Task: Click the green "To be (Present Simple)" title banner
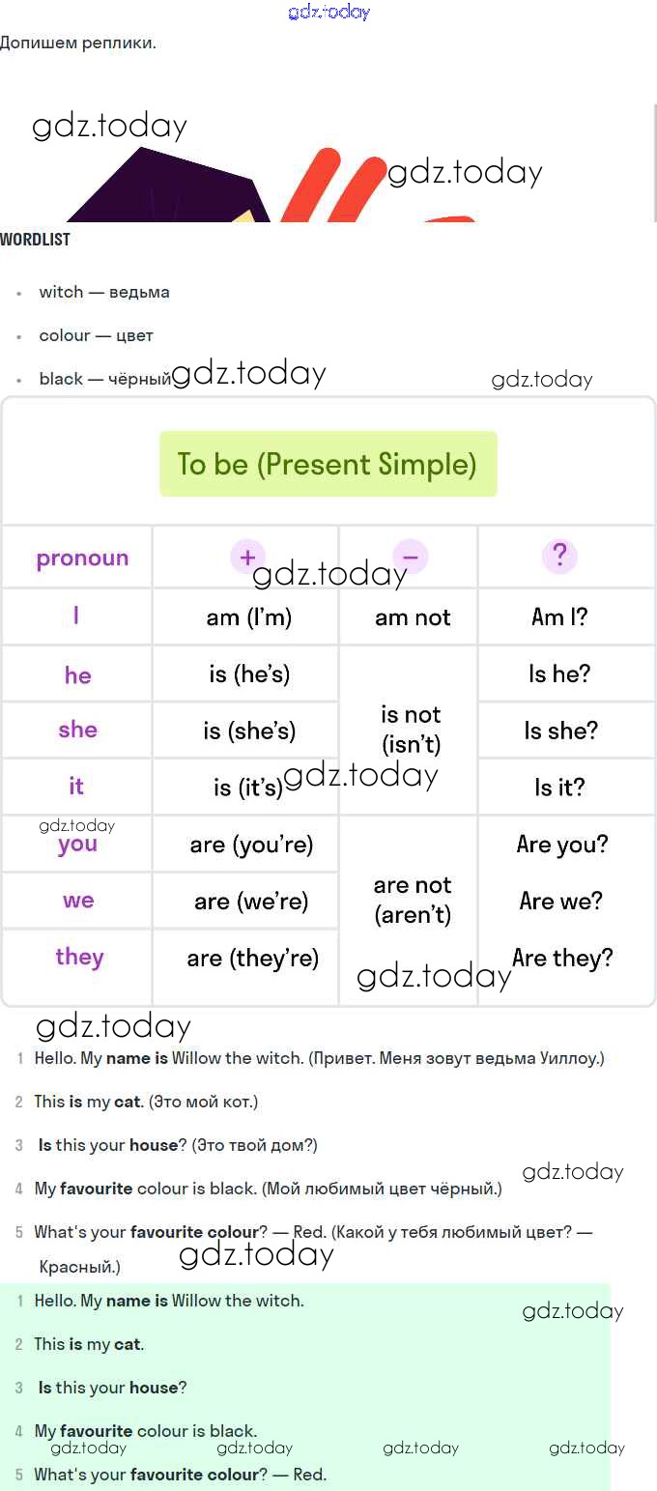click(x=328, y=464)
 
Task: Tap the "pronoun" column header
click(x=82, y=558)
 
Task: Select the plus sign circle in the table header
click(x=247, y=557)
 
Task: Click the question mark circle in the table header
click(x=559, y=555)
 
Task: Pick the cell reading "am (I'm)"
click(x=249, y=617)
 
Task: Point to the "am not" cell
click(x=413, y=617)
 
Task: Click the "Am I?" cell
click(x=559, y=617)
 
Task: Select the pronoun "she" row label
click(x=78, y=730)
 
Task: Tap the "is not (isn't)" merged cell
click(x=411, y=730)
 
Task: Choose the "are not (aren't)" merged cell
click(x=413, y=900)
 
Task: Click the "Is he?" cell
click(x=559, y=674)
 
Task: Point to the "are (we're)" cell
click(x=251, y=902)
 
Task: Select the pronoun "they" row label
click(x=80, y=958)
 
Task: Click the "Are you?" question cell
click(x=562, y=844)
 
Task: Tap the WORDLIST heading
click(x=35, y=240)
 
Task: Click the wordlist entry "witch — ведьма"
click(x=104, y=292)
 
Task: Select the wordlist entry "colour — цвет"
click(x=96, y=335)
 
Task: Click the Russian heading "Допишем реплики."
click(x=78, y=43)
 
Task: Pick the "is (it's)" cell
click(x=248, y=788)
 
